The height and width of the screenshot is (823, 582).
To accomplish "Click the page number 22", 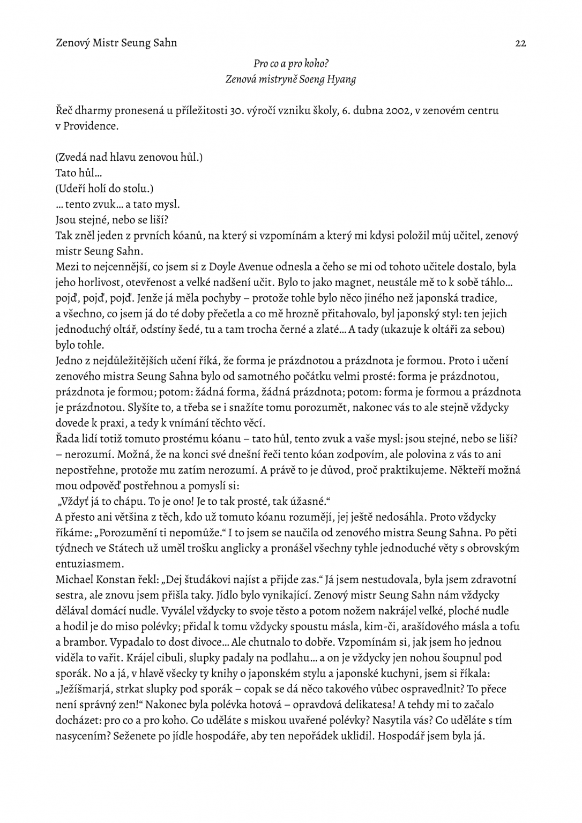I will tap(520, 43).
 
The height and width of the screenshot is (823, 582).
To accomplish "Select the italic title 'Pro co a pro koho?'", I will tap(291, 64).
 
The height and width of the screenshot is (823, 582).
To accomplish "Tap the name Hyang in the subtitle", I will tap(341, 79).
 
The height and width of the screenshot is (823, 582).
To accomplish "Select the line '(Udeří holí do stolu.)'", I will tap(105, 189).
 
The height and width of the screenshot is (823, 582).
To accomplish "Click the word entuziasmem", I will tap(89, 564).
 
